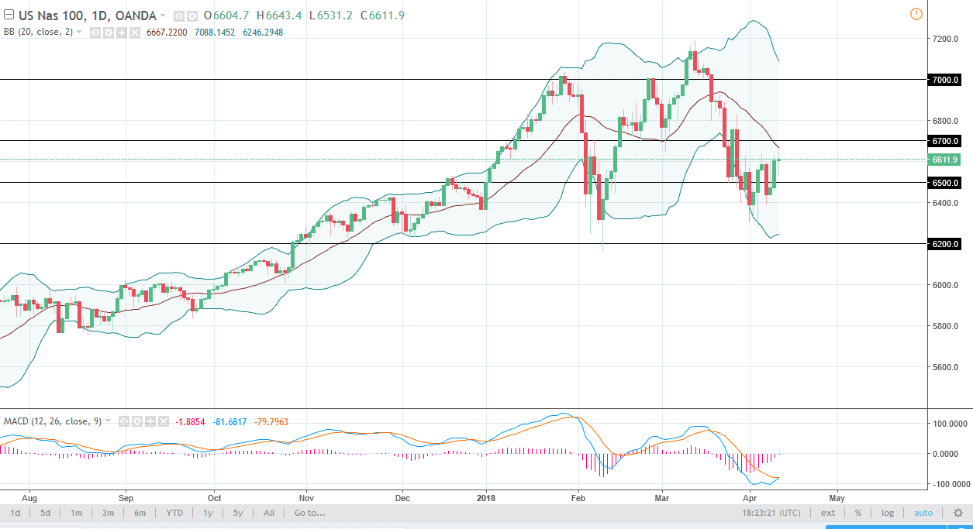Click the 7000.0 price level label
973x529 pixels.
click(x=945, y=80)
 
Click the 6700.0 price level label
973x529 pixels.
click(x=945, y=141)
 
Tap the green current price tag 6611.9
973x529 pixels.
click(x=945, y=160)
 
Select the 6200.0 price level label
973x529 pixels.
click(x=945, y=244)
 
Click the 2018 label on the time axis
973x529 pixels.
click(x=486, y=496)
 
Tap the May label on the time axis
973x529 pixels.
click(x=836, y=496)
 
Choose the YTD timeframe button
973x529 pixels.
click(x=174, y=513)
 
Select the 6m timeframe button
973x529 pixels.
click(x=140, y=513)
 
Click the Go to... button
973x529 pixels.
click(x=309, y=513)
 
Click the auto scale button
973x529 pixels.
click(x=923, y=513)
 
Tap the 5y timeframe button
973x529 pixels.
click(x=238, y=513)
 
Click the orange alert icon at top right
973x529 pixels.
click(x=916, y=14)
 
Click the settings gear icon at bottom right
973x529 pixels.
click(x=958, y=513)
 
